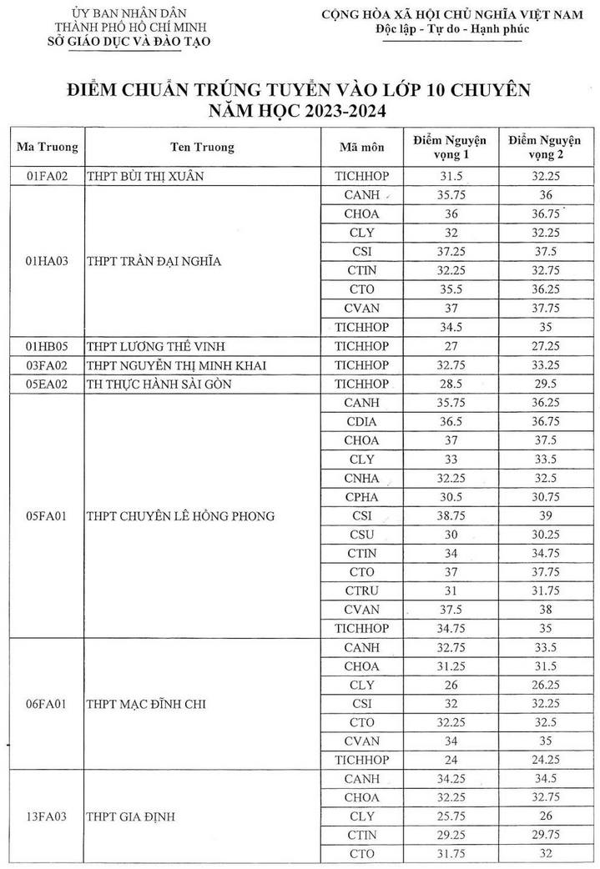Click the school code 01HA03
47,260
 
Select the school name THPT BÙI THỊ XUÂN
145,176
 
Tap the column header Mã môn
362,148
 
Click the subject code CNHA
362,478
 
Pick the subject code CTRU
362,591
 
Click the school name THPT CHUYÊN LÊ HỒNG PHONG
180,516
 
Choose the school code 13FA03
47,816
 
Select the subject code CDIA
362,440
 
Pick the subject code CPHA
362,497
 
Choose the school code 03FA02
47,364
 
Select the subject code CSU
362,535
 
